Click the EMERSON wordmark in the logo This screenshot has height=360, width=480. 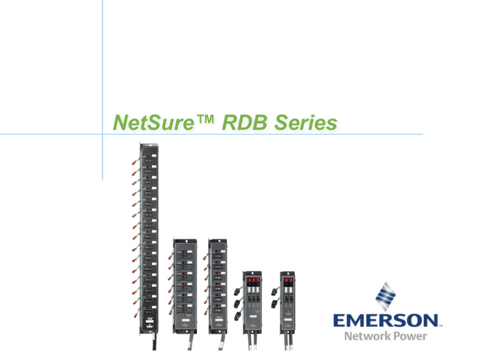coord(384,321)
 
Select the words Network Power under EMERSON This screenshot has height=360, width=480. coord(384,336)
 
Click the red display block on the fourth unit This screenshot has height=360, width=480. coord(254,282)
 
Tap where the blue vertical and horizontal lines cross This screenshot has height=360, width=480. coord(102,133)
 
